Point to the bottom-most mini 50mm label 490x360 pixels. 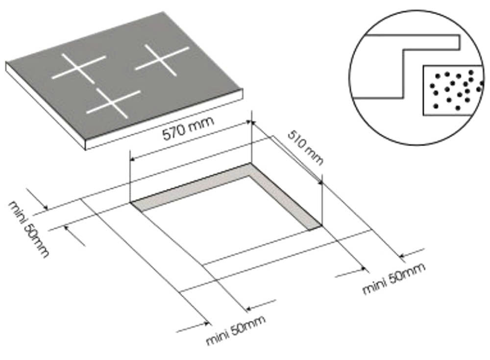pos(236,330)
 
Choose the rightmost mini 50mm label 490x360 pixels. pos(393,279)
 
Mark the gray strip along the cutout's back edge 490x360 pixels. pos(191,186)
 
